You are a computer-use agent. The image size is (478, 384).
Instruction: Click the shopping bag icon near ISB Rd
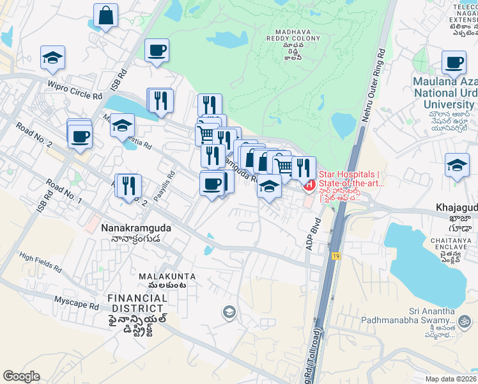[105, 15]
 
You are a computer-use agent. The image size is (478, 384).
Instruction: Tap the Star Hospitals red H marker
[309, 186]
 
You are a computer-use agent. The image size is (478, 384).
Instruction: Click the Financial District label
[137, 300]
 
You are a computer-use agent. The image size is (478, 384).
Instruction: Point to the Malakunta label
[167, 276]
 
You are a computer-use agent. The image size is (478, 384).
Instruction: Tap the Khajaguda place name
[456, 208]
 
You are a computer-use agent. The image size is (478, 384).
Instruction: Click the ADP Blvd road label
[314, 236]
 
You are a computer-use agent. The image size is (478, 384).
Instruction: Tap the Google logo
[21, 376]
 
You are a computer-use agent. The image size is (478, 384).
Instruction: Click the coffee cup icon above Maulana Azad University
[454, 62]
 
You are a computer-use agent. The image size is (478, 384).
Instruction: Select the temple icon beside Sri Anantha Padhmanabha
[465, 319]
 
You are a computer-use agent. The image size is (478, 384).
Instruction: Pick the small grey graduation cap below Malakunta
[228, 312]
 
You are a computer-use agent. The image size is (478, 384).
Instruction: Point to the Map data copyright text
[451, 379]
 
